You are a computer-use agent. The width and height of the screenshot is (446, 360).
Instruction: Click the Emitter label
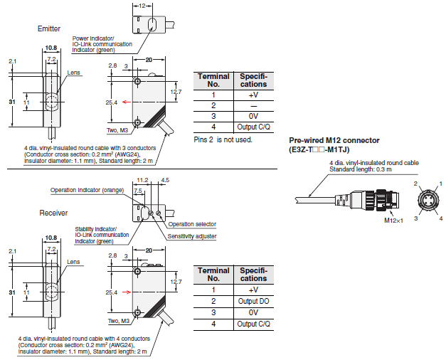[49, 28]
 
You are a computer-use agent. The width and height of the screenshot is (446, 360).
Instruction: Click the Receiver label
[53, 213]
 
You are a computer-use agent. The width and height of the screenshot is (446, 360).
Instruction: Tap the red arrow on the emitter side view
[127, 102]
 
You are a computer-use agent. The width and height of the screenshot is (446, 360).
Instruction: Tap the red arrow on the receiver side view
[127, 292]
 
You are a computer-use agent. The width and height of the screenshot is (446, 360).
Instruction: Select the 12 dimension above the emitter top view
[142, 6]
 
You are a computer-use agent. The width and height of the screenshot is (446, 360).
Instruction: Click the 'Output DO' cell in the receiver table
[253, 301]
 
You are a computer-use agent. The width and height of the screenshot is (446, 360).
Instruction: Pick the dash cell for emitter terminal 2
[253, 106]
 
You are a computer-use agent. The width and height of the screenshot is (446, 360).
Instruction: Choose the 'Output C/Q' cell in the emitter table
[253, 127]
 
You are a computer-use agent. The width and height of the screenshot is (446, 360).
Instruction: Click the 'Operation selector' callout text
[192, 224]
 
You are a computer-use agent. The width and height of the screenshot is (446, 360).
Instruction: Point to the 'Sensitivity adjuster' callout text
[192, 236]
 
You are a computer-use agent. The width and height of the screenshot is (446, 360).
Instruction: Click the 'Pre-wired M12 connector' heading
[334, 140]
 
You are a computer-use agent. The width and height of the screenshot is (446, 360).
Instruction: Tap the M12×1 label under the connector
[393, 221]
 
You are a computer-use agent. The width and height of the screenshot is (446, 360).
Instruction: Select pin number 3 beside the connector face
[416, 218]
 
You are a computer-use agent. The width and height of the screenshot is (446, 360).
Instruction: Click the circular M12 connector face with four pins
[428, 201]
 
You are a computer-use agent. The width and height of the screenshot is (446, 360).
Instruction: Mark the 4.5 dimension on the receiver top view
[165, 180]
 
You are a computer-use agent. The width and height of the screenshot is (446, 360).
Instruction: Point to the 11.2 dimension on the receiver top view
[142, 180]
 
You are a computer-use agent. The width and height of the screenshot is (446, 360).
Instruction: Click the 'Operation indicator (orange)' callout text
[87, 190]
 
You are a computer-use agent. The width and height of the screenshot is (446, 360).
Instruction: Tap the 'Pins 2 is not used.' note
[223, 139]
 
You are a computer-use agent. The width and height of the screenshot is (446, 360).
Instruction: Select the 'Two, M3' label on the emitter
[117, 130]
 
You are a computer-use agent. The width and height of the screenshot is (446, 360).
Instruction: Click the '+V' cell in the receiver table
[253, 290]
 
